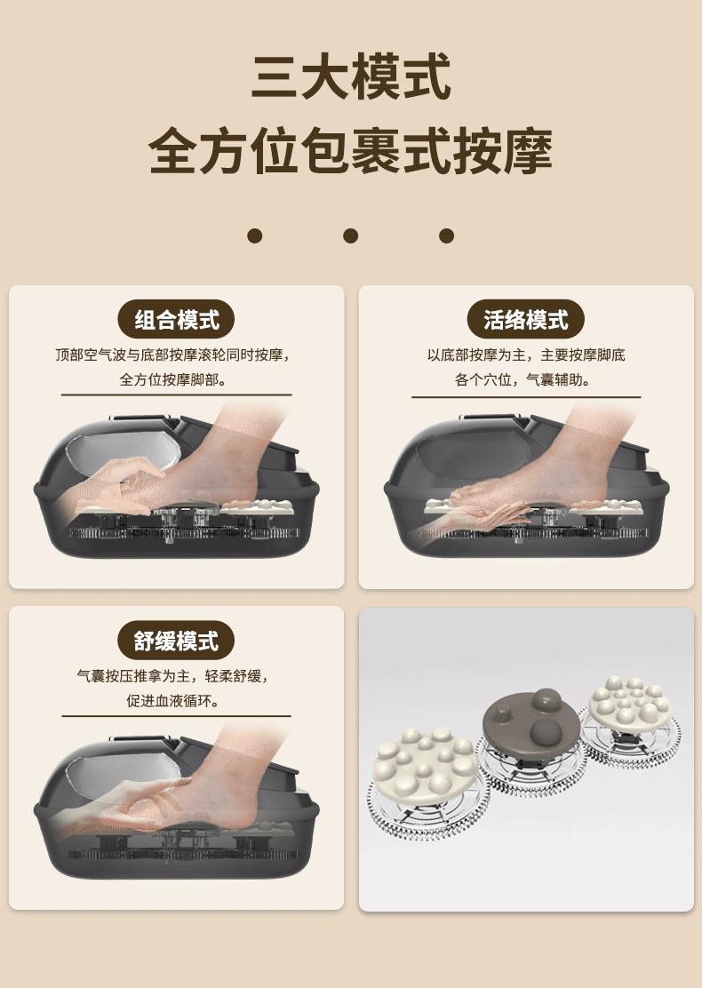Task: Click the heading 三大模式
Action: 351,77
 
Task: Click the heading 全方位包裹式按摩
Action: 351,151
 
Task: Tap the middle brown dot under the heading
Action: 351,235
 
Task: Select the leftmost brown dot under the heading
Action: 254,235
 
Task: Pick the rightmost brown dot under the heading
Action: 447,235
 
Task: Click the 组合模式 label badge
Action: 177,320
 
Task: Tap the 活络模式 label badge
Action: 525,320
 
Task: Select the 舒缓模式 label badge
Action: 177,641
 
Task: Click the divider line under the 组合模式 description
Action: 177,395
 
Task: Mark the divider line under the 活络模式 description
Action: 526,397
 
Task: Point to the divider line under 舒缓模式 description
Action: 177,716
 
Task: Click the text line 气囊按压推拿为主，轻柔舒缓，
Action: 173,676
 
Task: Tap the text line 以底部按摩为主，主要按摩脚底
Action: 526,355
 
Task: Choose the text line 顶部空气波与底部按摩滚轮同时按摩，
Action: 173,355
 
